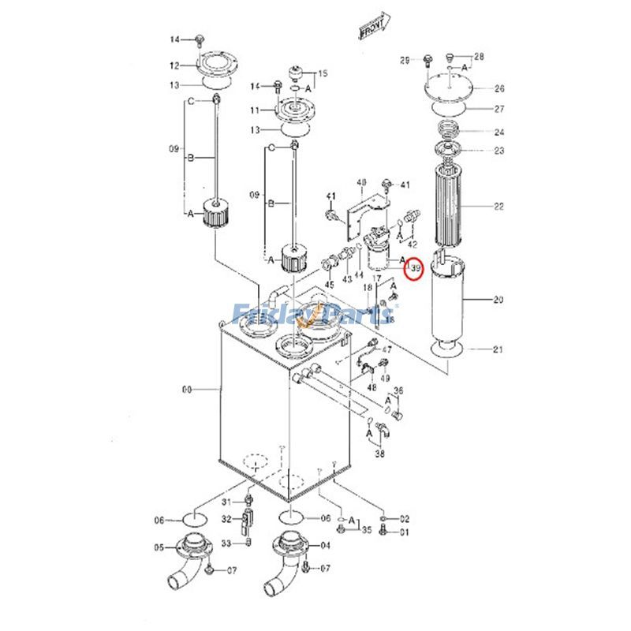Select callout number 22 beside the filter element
coord(498,207)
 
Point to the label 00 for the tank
coord(187,389)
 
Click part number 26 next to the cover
coord(498,88)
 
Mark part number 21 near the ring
coord(498,349)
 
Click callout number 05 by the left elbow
coord(159,547)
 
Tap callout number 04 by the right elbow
coord(326,545)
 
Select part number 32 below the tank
coord(226,519)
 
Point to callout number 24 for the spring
coord(498,132)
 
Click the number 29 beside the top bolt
coord(406,60)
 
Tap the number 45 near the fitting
coord(329,285)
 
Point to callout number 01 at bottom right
coord(405,532)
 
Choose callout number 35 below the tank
coord(366,530)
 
